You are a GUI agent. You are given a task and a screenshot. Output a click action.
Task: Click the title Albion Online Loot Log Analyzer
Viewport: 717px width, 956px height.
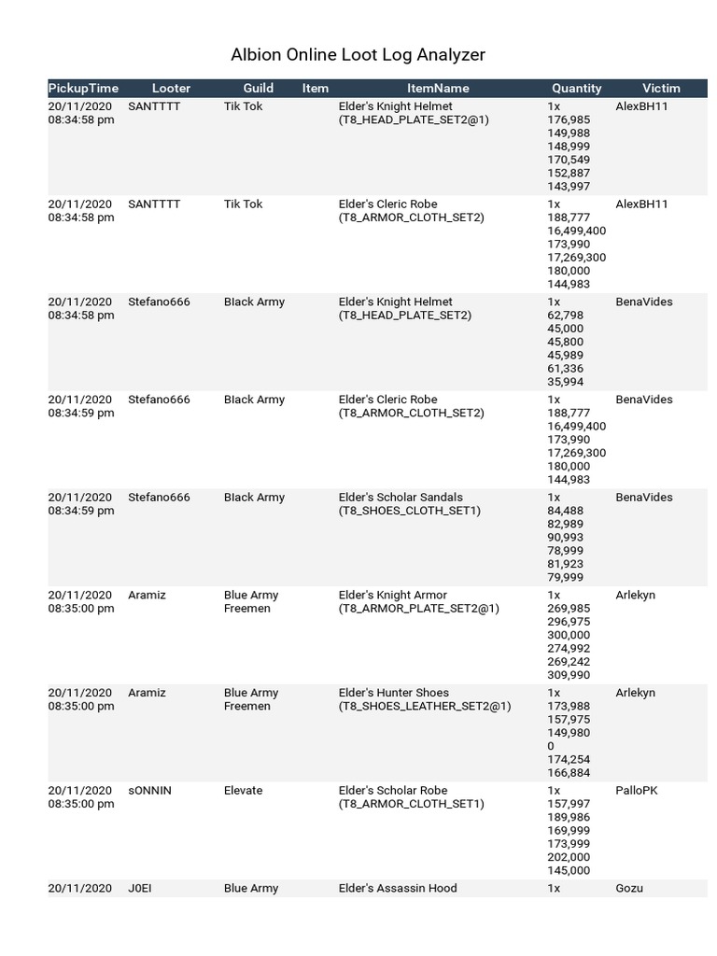pyautogui.click(x=358, y=55)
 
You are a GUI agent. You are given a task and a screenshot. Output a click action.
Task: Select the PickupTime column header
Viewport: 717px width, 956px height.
pyautogui.click(x=83, y=89)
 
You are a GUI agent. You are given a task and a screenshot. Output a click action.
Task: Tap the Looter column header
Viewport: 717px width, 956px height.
pyautogui.click(x=171, y=89)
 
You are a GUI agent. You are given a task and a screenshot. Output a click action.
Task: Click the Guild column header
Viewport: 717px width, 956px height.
pyautogui.click(x=259, y=89)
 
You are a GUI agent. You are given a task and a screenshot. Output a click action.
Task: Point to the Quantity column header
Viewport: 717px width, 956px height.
pyautogui.click(x=577, y=89)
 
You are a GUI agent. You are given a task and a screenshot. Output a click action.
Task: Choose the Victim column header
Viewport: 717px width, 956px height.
pyautogui.click(x=661, y=89)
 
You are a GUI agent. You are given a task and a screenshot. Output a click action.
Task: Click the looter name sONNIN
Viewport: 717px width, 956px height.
pyautogui.click(x=149, y=791)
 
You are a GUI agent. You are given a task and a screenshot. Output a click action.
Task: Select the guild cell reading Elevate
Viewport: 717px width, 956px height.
pyautogui.click(x=243, y=791)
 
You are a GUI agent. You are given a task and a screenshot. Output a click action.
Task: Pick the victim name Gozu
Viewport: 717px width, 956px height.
pyautogui.click(x=629, y=889)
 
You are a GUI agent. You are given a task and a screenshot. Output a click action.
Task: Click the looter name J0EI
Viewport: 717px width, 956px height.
pyautogui.click(x=139, y=889)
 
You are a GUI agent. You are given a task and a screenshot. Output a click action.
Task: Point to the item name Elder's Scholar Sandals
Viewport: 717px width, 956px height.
pyautogui.click(x=401, y=498)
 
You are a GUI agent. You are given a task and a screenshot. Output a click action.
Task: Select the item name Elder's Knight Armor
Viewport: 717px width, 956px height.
pyautogui.click(x=392, y=596)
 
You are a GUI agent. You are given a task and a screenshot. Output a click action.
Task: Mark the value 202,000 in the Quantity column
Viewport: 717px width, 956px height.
pyautogui.click(x=569, y=857)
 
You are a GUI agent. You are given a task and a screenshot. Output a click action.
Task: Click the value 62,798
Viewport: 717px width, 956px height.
pyautogui.click(x=565, y=316)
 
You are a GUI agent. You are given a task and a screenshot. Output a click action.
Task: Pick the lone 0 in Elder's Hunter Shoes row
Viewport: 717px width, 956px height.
pyautogui.click(x=551, y=746)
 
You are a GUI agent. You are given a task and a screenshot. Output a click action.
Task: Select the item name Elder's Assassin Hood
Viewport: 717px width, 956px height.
pyautogui.click(x=398, y=889)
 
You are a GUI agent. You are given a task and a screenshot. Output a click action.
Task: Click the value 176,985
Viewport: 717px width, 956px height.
pyautogui.click(x=569, y=119)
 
